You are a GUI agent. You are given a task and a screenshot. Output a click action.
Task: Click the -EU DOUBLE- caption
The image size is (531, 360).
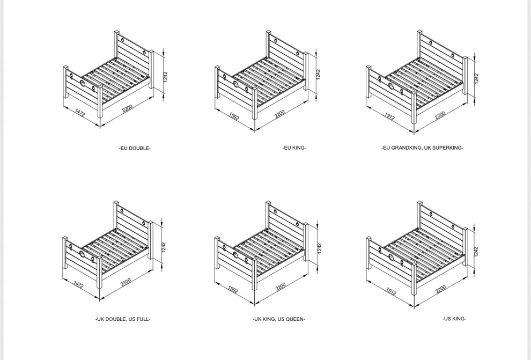tap(135, 149)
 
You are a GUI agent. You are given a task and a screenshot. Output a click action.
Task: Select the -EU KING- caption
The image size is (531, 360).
tap(294, 148)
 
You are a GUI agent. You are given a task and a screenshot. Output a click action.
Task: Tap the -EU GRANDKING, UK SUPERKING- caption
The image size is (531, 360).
tap(422, 148)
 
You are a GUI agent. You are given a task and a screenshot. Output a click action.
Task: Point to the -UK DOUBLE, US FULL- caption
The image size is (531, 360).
tap(123, 319)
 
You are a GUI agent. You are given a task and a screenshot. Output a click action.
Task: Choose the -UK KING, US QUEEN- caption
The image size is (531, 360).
tap(279, 319)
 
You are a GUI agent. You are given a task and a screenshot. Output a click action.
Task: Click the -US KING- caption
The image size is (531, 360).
tap(454, 319)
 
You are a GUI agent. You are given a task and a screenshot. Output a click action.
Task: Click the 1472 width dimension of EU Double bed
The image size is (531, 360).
tap(80, 113)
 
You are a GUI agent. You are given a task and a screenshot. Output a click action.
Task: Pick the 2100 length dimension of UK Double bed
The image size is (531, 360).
tap(126, 282)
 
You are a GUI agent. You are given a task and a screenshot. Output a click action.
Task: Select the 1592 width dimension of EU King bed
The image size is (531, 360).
tap(234, 116)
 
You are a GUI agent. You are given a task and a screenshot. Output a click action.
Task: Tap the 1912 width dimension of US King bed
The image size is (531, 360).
tap(390, 291)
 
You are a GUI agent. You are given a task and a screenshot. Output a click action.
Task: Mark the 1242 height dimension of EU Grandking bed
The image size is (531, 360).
tap(476, 78)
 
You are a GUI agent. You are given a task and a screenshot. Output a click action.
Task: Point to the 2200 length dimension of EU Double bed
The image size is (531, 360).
tap(127, 108)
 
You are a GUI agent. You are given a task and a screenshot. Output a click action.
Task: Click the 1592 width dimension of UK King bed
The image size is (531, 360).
tap(233, 290)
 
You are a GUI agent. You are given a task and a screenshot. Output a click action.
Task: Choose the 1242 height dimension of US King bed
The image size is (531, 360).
tap(476, 251)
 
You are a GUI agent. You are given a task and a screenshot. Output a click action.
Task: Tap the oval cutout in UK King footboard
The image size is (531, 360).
tap(236, 255)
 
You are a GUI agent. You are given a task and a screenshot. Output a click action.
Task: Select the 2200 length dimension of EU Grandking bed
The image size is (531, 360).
tap(440, 115)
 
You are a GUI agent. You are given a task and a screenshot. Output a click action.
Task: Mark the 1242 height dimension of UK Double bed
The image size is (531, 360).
tap(164, 247)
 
